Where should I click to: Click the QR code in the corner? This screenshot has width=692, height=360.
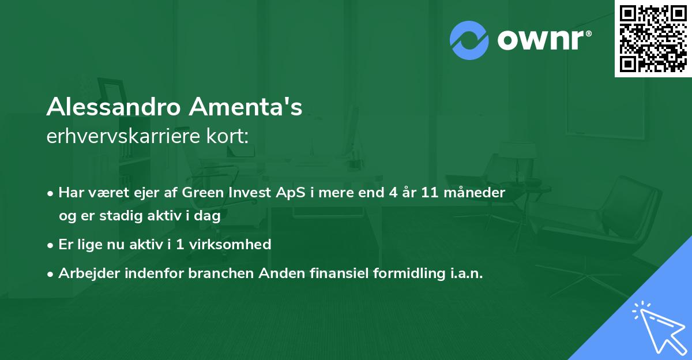click(653, 39)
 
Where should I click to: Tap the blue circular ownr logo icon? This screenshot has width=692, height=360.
click(469, 40)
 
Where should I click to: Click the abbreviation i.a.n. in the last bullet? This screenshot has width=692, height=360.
click(466, 273)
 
